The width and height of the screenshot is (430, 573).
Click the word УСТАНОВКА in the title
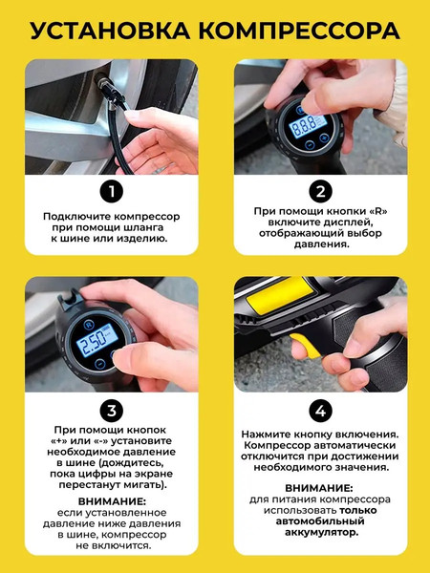(110, 31)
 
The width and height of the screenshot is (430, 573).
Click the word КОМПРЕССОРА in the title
(299, 31)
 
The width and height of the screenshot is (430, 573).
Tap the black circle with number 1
(112, 191)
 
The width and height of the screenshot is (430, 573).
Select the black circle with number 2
(320, 191)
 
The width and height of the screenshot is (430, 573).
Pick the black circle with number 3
(112, 411)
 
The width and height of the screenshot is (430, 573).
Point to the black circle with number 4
(320, 411)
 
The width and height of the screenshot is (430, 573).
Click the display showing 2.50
(97, 339)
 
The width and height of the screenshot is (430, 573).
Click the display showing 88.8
(308, 126)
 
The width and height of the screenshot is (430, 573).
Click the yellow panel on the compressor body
(280, 293)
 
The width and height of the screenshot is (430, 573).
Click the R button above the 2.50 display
(89, 325)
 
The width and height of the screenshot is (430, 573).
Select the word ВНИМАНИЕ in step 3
(112, 500)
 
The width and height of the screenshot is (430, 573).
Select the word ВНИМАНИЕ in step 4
(319, 488)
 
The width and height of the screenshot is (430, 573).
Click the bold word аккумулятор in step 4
(321, 532)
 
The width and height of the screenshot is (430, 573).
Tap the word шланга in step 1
(145, 227)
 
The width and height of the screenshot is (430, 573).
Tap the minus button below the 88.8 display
(310, 145)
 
